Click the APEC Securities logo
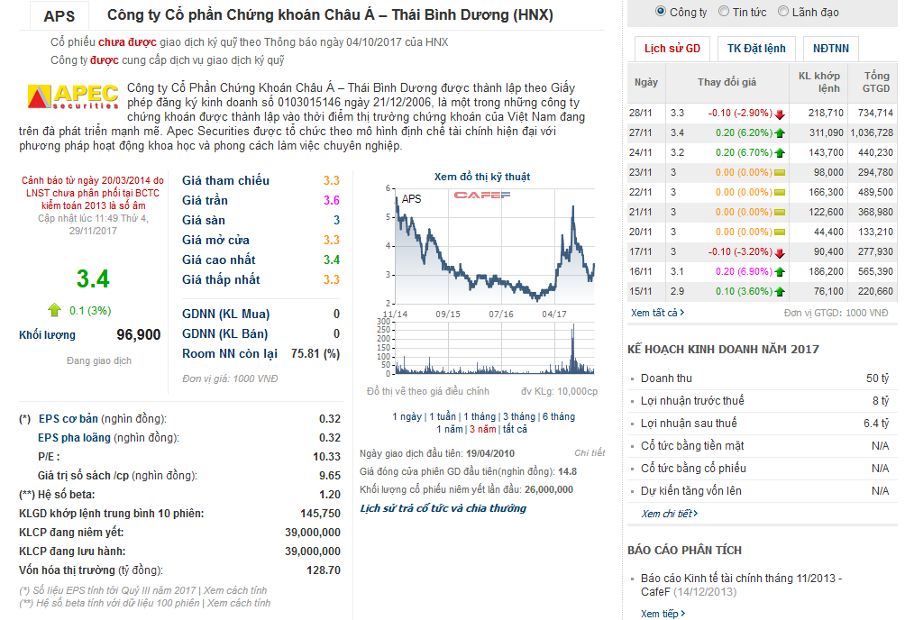[73, 96]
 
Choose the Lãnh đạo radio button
[782, 12]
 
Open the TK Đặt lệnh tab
[756, 49]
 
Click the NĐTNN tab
[830, 49]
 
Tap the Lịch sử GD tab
[672, 49]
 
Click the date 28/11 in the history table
[641, 114]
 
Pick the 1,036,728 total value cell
[871, 133]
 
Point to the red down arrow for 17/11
[780, 252]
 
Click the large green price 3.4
[93, 279]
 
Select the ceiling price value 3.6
[332, 201]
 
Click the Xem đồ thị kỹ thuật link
[481, 177]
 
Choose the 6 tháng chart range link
[558, 416]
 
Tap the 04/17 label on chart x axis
[554, 314]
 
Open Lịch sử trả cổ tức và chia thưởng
[443, 508]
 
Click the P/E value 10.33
[326, 457]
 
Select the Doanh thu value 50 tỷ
[877, 378]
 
